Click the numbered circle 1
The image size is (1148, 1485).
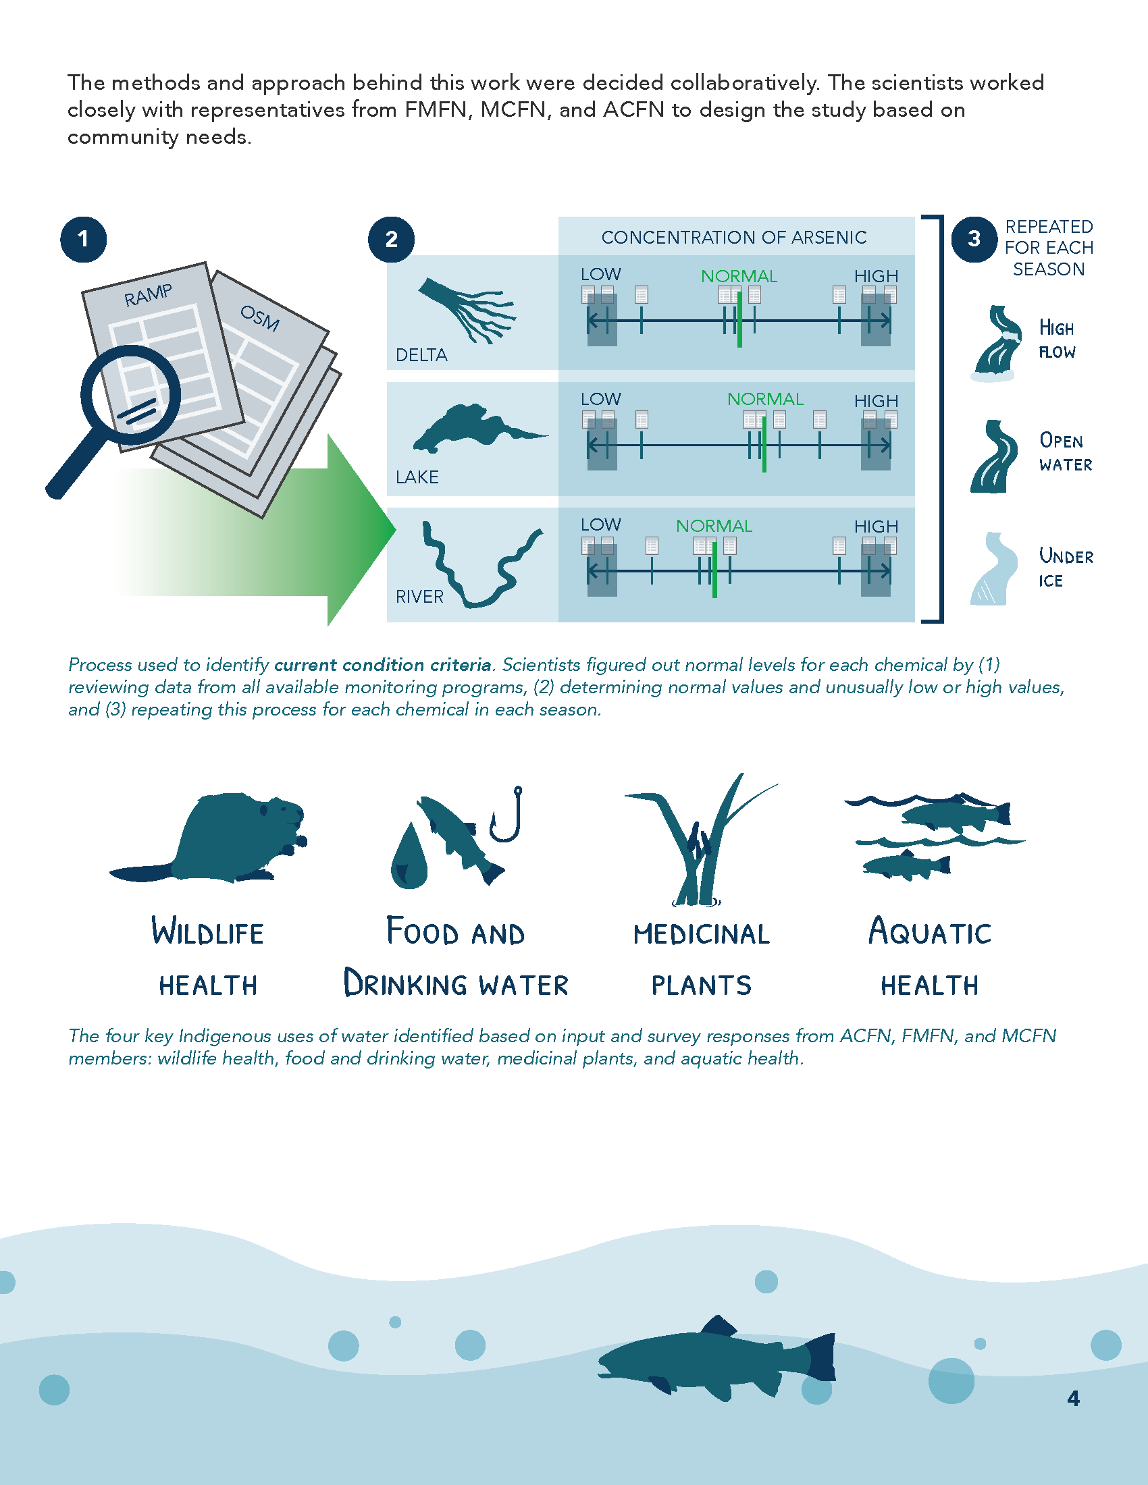tap(83, 240)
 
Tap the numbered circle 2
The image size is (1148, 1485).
tap(391, 240)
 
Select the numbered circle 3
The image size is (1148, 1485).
tap(974, 239)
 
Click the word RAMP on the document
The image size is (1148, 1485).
tap(148, 294)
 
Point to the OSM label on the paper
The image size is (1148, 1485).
tap(260, 317)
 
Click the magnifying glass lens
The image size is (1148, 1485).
tap(130, 395)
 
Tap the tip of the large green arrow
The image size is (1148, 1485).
tap(395, 529)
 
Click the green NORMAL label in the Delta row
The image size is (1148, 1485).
tap(739, 276)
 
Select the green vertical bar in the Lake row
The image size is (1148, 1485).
tap(764, 444)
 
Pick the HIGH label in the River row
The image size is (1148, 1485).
tap(876, 526)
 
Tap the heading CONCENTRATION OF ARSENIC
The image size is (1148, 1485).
tap(734, 238)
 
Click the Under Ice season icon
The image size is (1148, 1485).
tap(993, 568)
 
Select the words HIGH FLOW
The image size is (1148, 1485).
tap(1057, 340)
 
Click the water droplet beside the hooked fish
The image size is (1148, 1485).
tap(409, 857)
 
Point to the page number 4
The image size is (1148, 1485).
tap(1073, 1398)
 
